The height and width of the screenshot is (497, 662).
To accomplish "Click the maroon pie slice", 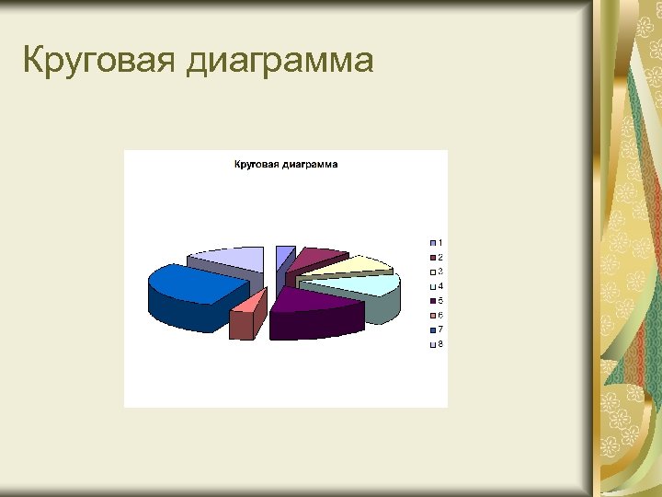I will (x=316, y=257).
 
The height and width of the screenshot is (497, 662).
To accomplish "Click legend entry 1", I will (x=435, y=242).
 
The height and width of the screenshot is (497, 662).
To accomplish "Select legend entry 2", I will (x=435, y=257).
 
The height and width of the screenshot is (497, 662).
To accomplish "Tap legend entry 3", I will (x=435, y=272).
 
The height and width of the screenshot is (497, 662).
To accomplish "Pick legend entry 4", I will (x=435, y=286).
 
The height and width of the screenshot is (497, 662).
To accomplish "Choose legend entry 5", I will (x=435, y=301).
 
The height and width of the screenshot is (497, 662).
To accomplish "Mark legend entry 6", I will (x=435, y=316).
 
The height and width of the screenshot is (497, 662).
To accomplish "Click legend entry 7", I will (x=435, y=329).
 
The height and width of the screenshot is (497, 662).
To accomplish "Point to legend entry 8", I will (x=435, y=344).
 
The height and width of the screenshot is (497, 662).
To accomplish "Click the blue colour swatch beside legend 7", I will (x=431, y=329).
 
